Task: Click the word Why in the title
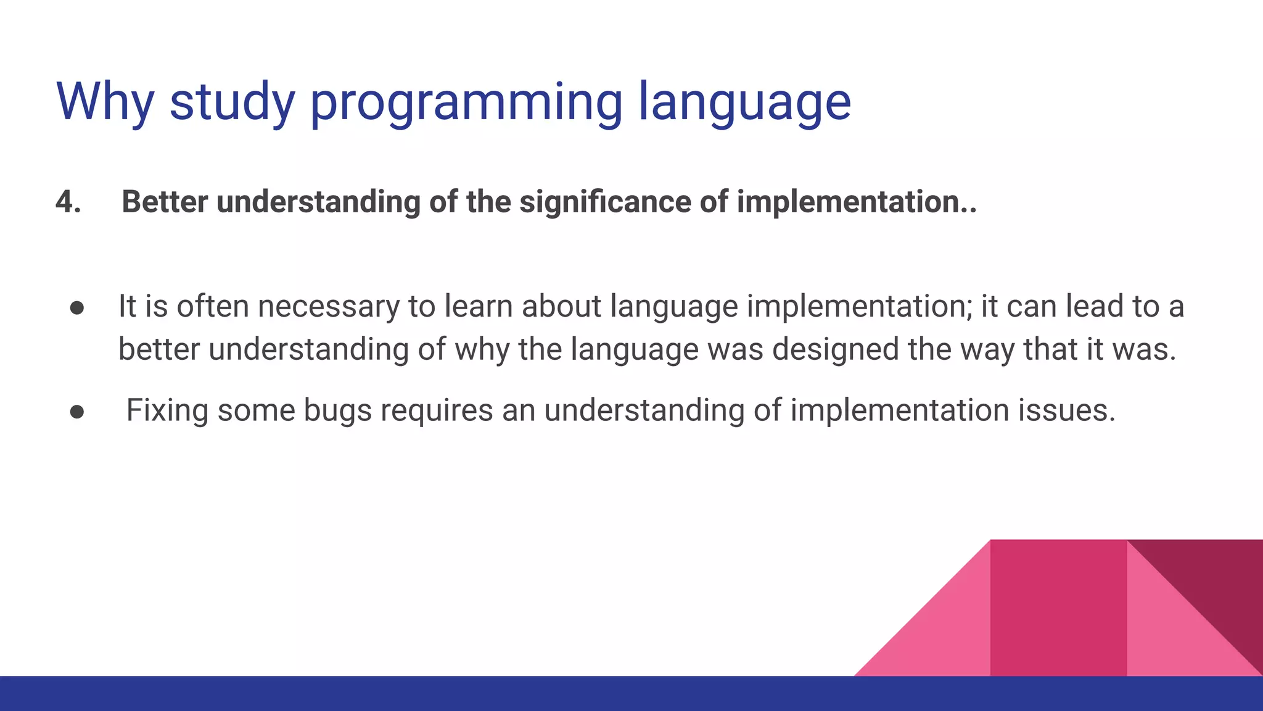[x=105, y=102]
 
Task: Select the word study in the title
[x=232, y=102]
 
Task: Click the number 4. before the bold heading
[x=68, y=202]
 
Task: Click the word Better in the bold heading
[x=165, y=202]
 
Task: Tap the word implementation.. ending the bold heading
[x=857, y=202]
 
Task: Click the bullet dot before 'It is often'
[x=77, y=307]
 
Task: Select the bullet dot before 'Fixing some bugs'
[x=77, y=412]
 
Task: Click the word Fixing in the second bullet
[x=167, y=410]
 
